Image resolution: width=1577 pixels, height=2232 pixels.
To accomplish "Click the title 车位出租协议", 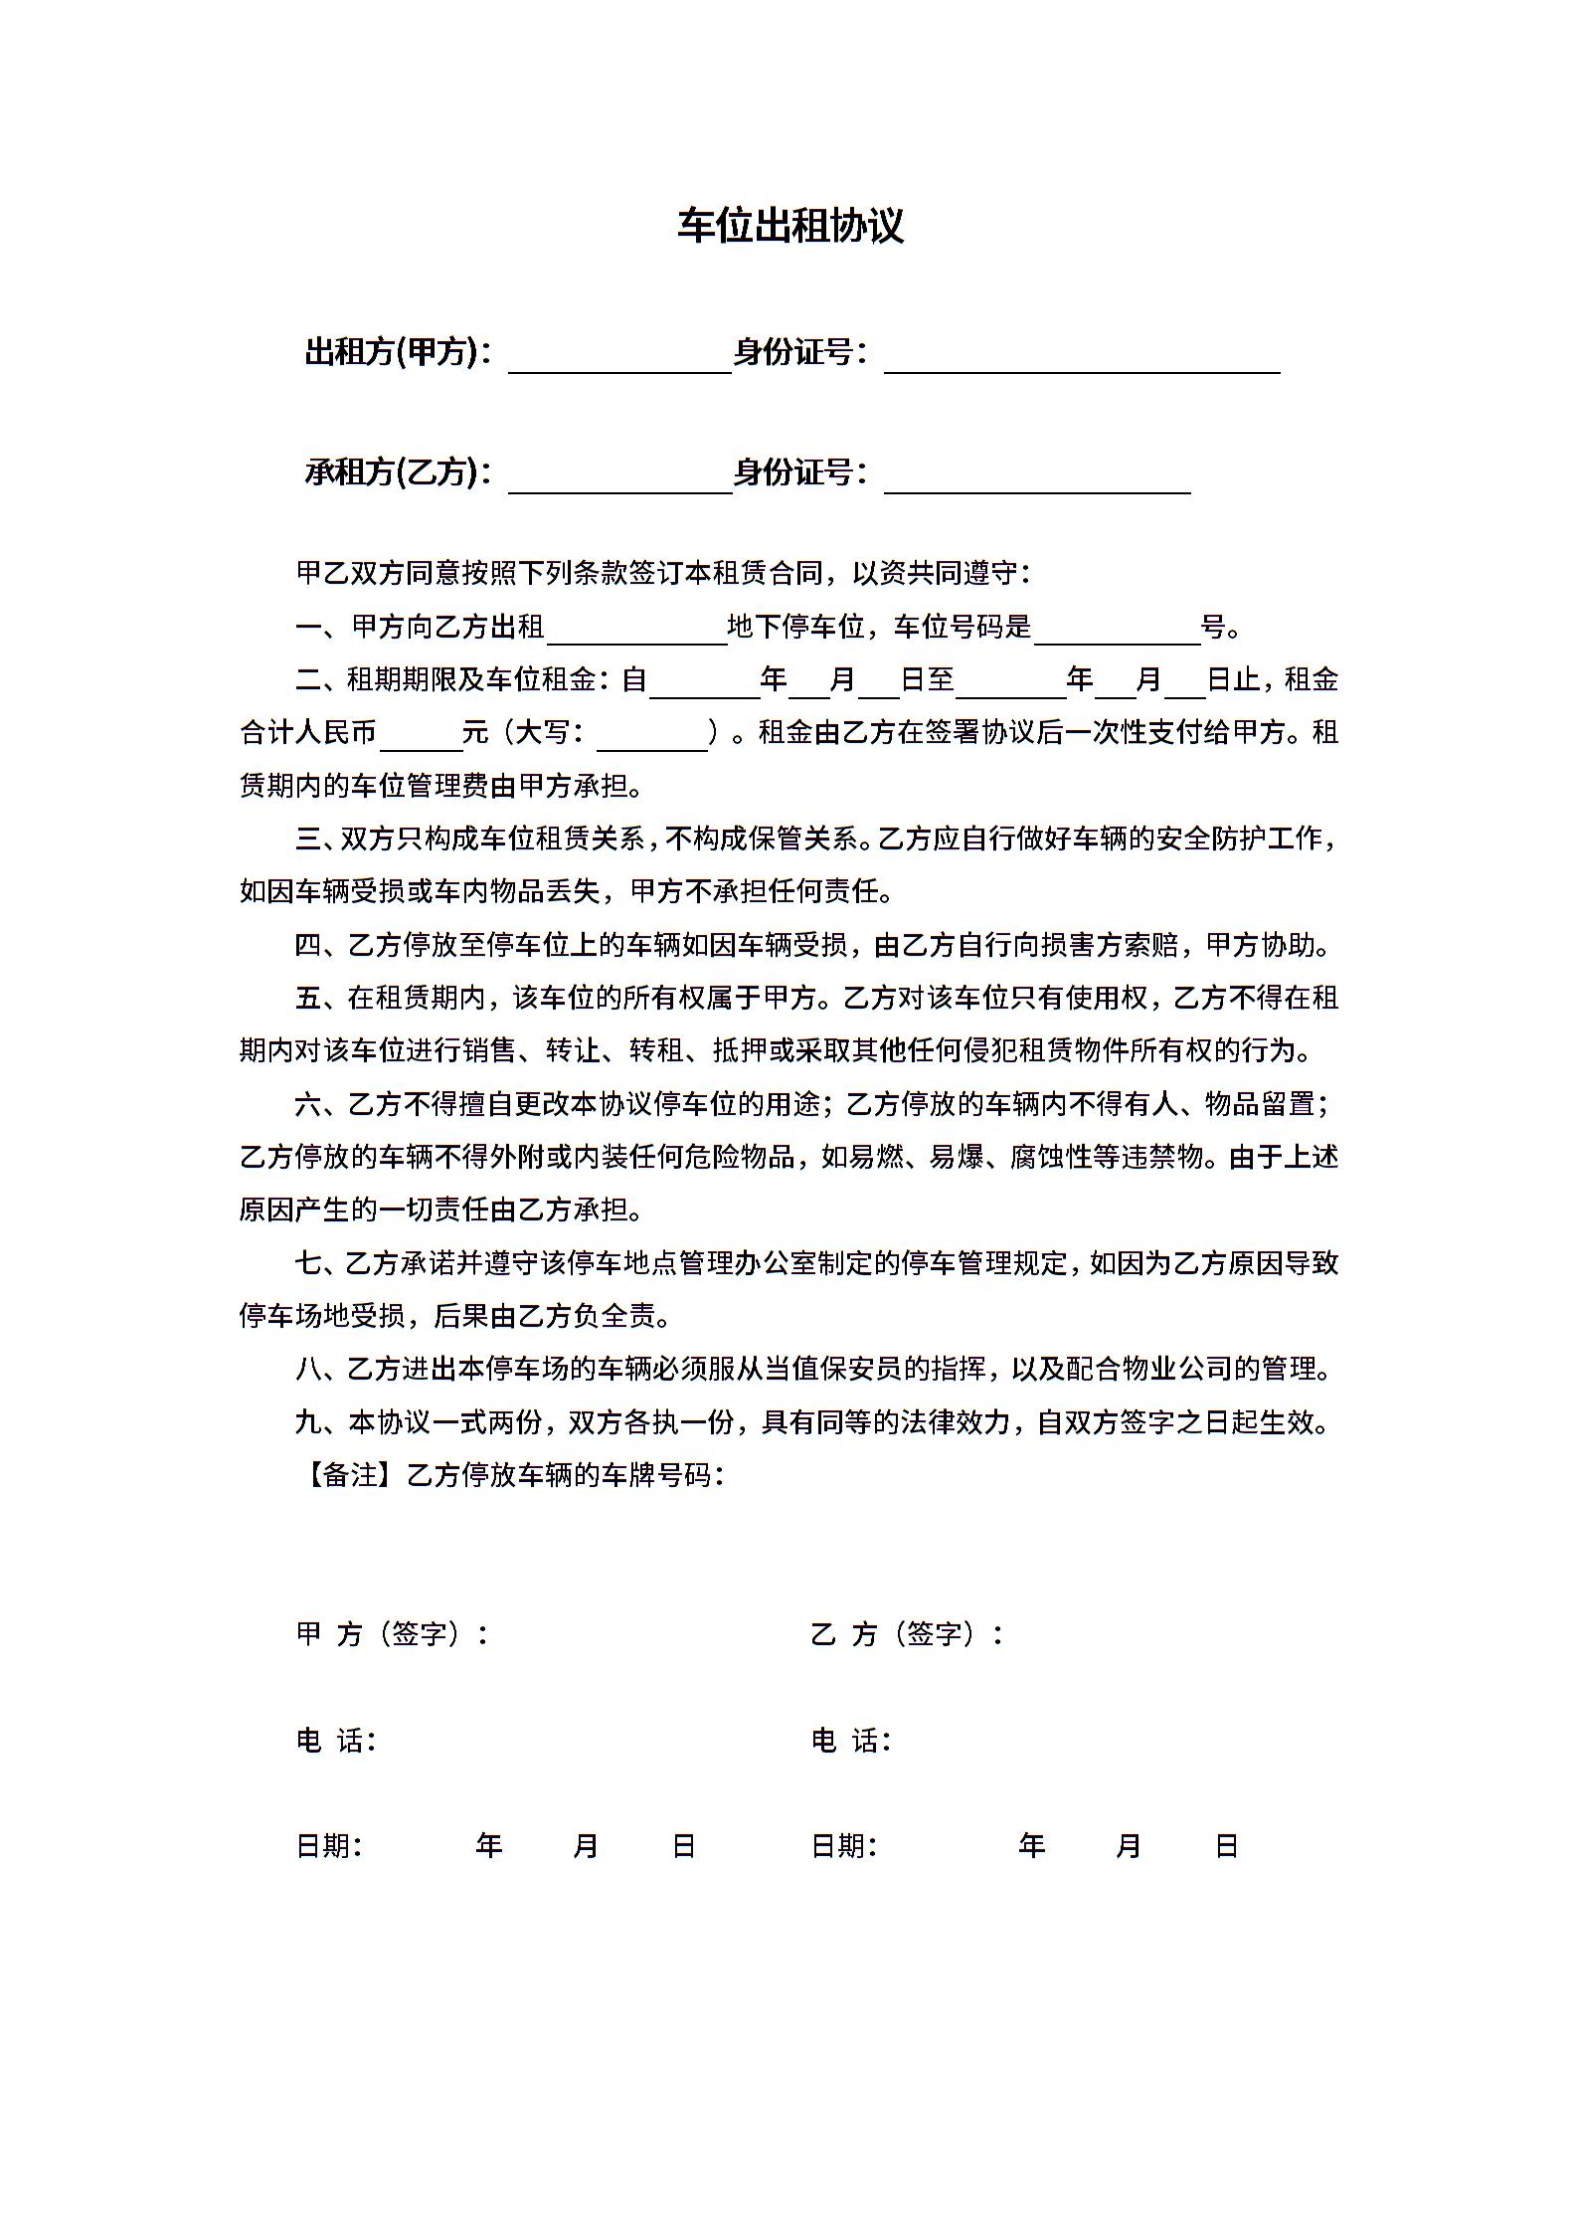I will point(790,227).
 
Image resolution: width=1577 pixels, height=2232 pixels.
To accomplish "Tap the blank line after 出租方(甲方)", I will point(619,360).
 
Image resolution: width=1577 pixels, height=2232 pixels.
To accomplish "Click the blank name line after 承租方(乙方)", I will point(619,480).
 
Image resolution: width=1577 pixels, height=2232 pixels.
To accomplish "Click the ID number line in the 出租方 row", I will point(1082,360).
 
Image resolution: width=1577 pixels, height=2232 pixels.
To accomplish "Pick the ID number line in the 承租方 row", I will point(1037,480).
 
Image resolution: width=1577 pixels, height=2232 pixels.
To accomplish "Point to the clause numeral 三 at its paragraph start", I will point(308,839).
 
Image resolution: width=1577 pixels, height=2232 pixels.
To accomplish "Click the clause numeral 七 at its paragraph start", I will point(308,1264).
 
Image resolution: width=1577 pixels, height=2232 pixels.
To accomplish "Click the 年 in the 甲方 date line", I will point(488,1847).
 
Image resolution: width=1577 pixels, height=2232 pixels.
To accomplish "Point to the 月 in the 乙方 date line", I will point(1128,1847).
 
